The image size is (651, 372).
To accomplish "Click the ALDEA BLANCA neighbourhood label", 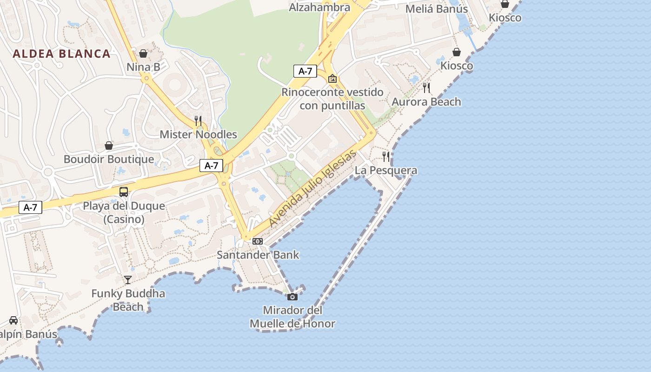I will coord(62,53).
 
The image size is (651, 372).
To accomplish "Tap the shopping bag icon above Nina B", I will coord(143,53).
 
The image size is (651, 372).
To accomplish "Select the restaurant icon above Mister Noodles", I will coord(198,121).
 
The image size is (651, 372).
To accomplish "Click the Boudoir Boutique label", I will coord(109,159).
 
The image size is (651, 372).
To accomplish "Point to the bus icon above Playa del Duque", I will coord(124,192).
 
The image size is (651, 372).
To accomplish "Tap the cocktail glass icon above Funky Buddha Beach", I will coord(128,279).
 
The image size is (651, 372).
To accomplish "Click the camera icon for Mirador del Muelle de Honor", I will coord(292,297).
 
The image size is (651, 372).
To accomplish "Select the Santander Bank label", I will coord(258,255).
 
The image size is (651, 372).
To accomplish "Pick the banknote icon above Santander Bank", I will coord(258,241).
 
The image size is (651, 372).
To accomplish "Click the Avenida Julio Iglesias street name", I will coord(312,188).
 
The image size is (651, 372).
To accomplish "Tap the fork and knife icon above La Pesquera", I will coord(386,156).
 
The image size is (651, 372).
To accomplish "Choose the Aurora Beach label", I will coord(426,101).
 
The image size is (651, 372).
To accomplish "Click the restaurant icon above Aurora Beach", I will coord(426,87).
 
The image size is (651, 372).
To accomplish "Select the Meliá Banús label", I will coord(437,9).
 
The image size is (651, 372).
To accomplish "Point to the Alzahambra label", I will coord(319,7).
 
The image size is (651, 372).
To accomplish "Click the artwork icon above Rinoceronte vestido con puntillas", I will coord(332,79).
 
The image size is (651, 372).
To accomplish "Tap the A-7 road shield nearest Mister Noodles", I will coord(212,166).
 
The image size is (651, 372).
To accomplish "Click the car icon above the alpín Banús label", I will coord(13,320).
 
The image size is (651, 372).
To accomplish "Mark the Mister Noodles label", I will coord(199,134).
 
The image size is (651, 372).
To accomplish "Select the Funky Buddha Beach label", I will coord(128,300).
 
